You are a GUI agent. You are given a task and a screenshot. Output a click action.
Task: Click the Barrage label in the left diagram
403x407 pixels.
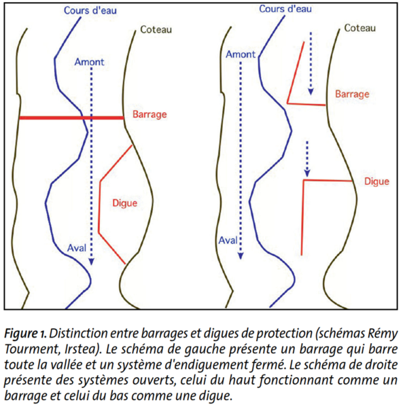point(150,115)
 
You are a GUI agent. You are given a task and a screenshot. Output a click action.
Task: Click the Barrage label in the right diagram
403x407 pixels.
point(352,94)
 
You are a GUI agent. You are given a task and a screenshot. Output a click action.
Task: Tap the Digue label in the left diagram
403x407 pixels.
point(124,203)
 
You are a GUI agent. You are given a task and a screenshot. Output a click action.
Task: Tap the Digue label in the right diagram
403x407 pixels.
point(376,181)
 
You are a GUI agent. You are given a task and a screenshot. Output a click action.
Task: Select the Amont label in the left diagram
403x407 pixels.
point(89,62)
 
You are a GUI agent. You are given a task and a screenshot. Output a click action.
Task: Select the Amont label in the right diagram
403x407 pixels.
point(241,54)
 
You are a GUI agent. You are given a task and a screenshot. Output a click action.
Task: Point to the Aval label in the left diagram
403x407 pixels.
point(77,248)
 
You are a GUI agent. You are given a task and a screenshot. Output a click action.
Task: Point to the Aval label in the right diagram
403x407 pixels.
point(228,241)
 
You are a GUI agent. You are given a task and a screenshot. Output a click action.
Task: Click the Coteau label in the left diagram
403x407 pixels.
point(156,30)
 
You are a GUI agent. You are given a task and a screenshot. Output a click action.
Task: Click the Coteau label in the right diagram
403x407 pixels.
point(360,28)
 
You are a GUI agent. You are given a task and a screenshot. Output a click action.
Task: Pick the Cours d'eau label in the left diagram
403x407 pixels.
point(90,10)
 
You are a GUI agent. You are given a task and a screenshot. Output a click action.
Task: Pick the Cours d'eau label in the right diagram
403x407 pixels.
point(285,9)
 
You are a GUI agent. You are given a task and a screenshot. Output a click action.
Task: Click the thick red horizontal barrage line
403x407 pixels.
point(71,118)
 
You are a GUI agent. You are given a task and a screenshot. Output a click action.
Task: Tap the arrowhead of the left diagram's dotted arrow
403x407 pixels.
point(91,262)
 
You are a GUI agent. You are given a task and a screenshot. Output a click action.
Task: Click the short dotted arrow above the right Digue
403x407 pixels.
point(307,159)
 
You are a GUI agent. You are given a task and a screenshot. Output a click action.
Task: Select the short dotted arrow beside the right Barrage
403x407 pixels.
point(311,63)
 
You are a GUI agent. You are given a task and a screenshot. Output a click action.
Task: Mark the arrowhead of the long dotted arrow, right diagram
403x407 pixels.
point(241,255)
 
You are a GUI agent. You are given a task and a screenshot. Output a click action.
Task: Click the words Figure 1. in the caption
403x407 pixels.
point(25,334)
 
